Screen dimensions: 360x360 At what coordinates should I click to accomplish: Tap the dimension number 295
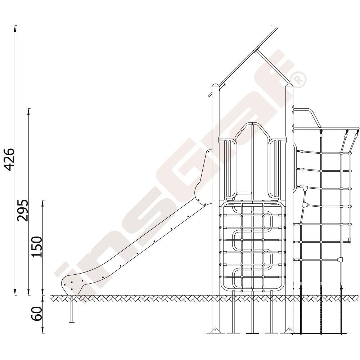pyautogui.click(x=23, y=210)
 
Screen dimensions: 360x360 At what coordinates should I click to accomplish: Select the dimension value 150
pyautogui.click(x=37, y=247)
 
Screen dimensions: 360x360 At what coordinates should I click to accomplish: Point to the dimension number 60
pyautogui.click(x=37, y=314)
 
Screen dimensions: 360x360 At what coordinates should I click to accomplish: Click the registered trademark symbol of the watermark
pyautogui.click(x=298, y=80)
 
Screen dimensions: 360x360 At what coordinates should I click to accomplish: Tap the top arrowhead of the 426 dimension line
pyautogui.click(x=15, y=28)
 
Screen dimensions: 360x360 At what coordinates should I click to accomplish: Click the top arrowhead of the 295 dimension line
pyautogui.click(x=29, y=111)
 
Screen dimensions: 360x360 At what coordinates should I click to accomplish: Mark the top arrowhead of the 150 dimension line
pyautogui.click(x=43, y=203)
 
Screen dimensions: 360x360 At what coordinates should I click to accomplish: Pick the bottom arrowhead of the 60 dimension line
pyautogui.click(x=43, y=330)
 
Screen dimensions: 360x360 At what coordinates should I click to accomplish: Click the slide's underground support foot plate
pyautogui.click(x=72, y=322)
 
